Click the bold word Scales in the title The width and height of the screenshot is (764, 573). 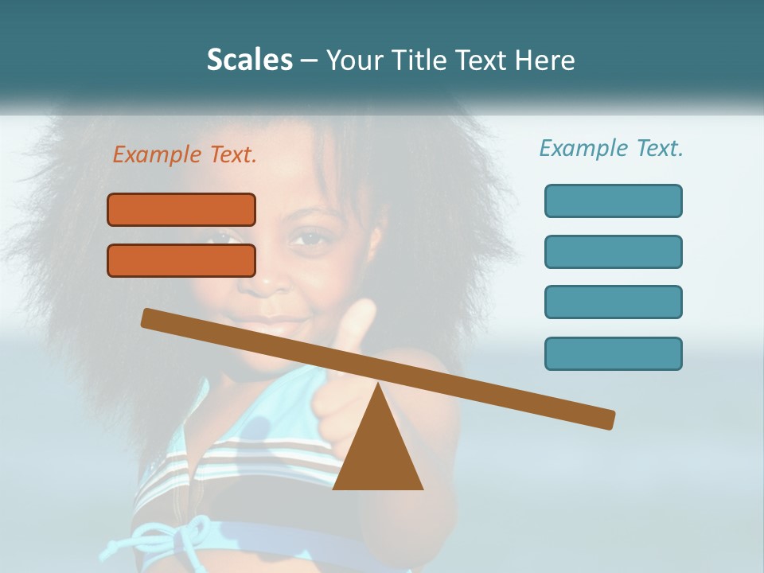pyautogui.click(x=249, y=60)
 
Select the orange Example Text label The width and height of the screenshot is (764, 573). pyautogui.click(x=185, y=155)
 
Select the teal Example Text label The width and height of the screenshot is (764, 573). pyautogui.click(x=611, y=148)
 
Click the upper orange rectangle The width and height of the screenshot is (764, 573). pyautogui.click(x=181, y=210)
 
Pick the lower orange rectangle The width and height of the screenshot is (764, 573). pyautogui.click(x=181, y=261)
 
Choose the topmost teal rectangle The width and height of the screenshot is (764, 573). pyautogui.click(x=613, y=201)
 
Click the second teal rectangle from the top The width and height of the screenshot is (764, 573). pyautogui.click(x=613, y=251)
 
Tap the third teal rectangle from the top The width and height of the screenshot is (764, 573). pyautogui.click(x=613, y=302)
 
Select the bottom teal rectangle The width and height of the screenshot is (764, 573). pyautogui.click(x=613, y=353)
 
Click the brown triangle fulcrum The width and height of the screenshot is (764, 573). pyautogui.click(x=378, y=454)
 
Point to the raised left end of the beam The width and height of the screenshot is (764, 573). pyautogui.click(x=148, y=318)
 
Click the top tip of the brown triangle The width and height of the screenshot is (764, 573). pyautogui.click(x=378, y=384)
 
